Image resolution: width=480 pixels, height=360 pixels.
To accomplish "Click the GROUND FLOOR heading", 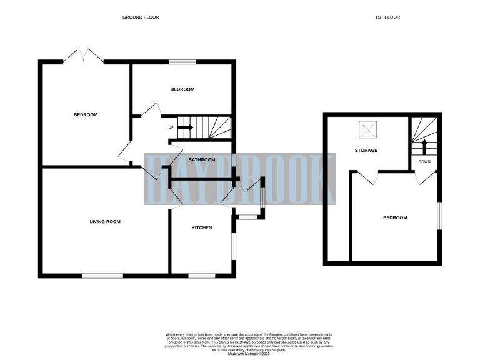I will point(141,17).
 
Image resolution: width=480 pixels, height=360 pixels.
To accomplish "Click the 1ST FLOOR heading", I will point(387,17).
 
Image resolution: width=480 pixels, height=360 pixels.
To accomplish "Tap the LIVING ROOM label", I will point(105,221).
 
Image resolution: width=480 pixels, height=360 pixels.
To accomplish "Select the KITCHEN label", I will point(201,227).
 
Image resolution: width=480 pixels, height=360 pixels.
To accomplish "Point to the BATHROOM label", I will point(202,160).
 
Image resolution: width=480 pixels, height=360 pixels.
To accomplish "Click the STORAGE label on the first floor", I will point(366,150).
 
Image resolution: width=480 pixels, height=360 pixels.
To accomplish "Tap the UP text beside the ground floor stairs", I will point(171,127).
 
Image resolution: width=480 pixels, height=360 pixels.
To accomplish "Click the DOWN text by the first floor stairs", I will point(424,161).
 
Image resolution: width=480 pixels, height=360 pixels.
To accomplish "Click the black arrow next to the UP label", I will point(186,127).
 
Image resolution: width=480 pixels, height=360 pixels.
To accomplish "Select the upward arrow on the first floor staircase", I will point(424,146).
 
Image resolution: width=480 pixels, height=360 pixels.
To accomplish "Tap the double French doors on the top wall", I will point(83,56).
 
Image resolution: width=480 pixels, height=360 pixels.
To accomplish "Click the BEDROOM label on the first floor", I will point(395,217).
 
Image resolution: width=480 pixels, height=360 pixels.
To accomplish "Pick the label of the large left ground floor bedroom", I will point(86,114).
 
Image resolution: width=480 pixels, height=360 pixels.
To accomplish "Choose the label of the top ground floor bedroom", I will point(182,89).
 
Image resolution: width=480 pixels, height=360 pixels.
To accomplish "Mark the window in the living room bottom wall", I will point(102,275).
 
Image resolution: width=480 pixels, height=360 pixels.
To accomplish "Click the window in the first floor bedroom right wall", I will point(439,216).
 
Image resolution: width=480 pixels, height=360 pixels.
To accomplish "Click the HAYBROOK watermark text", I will point(240,179).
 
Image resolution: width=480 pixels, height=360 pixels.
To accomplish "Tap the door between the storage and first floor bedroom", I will point(369,177).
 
